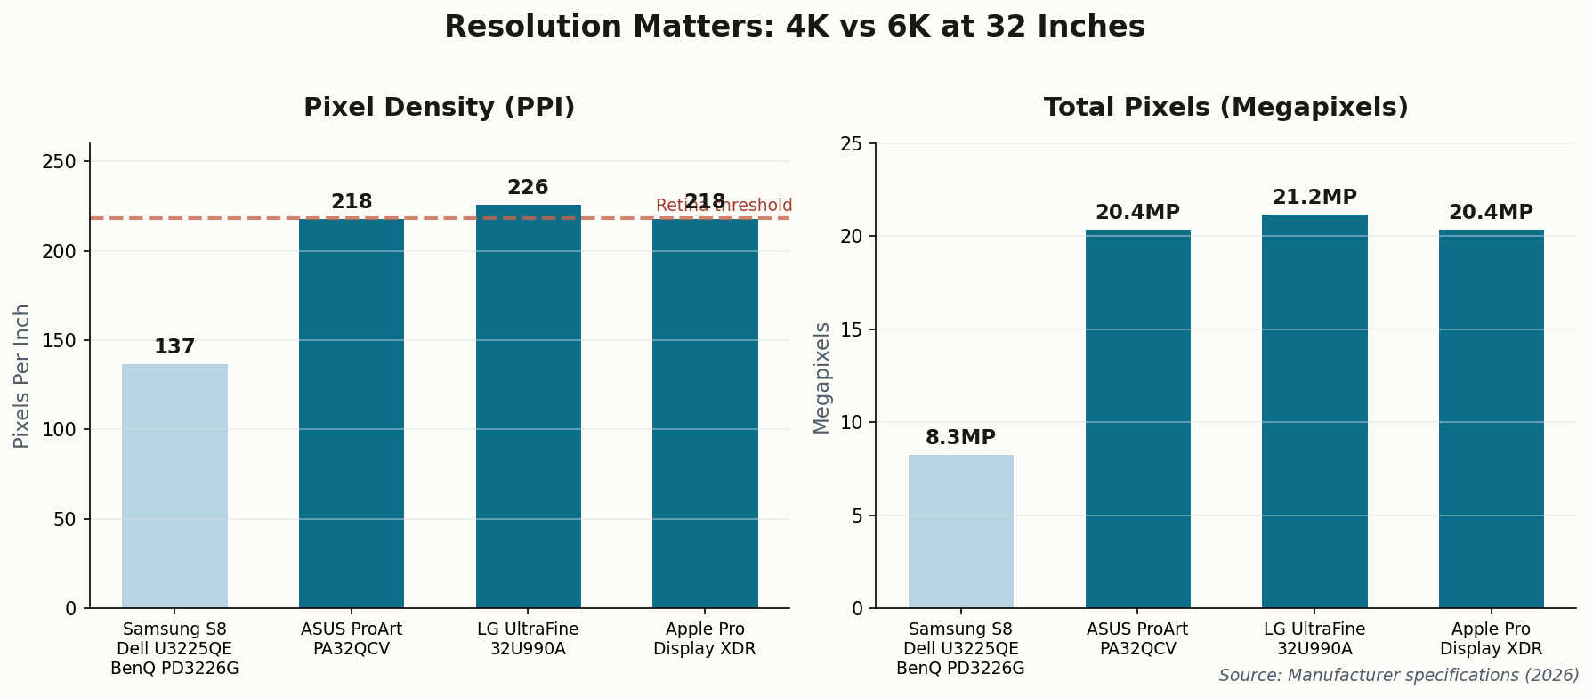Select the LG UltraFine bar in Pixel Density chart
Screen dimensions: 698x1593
click(x=528, y=406)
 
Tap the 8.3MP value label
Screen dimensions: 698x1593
click(x=960, y=438)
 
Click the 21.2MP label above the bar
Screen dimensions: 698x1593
click(x=1314, y=198)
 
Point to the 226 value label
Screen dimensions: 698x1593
click(x=528, y=188)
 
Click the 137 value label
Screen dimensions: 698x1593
click(x=174, y=347)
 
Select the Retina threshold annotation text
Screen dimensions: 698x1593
click(x=724, y=206)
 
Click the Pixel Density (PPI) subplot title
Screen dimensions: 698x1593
click(x=439, y=108)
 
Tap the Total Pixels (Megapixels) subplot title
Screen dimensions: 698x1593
click(x=1225, y=108)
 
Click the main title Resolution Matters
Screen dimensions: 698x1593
click(x=795, y=27)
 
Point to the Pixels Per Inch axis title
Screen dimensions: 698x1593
click(x=22, y=376)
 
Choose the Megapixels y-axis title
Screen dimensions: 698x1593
click(x=821, y=377)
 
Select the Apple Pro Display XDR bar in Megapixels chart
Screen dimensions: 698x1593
click(x=1491, y=418)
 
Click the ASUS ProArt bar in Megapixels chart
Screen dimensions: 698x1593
click(x=1137, y=418)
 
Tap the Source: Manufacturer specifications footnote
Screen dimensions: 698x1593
click(x=1398, y=676)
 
